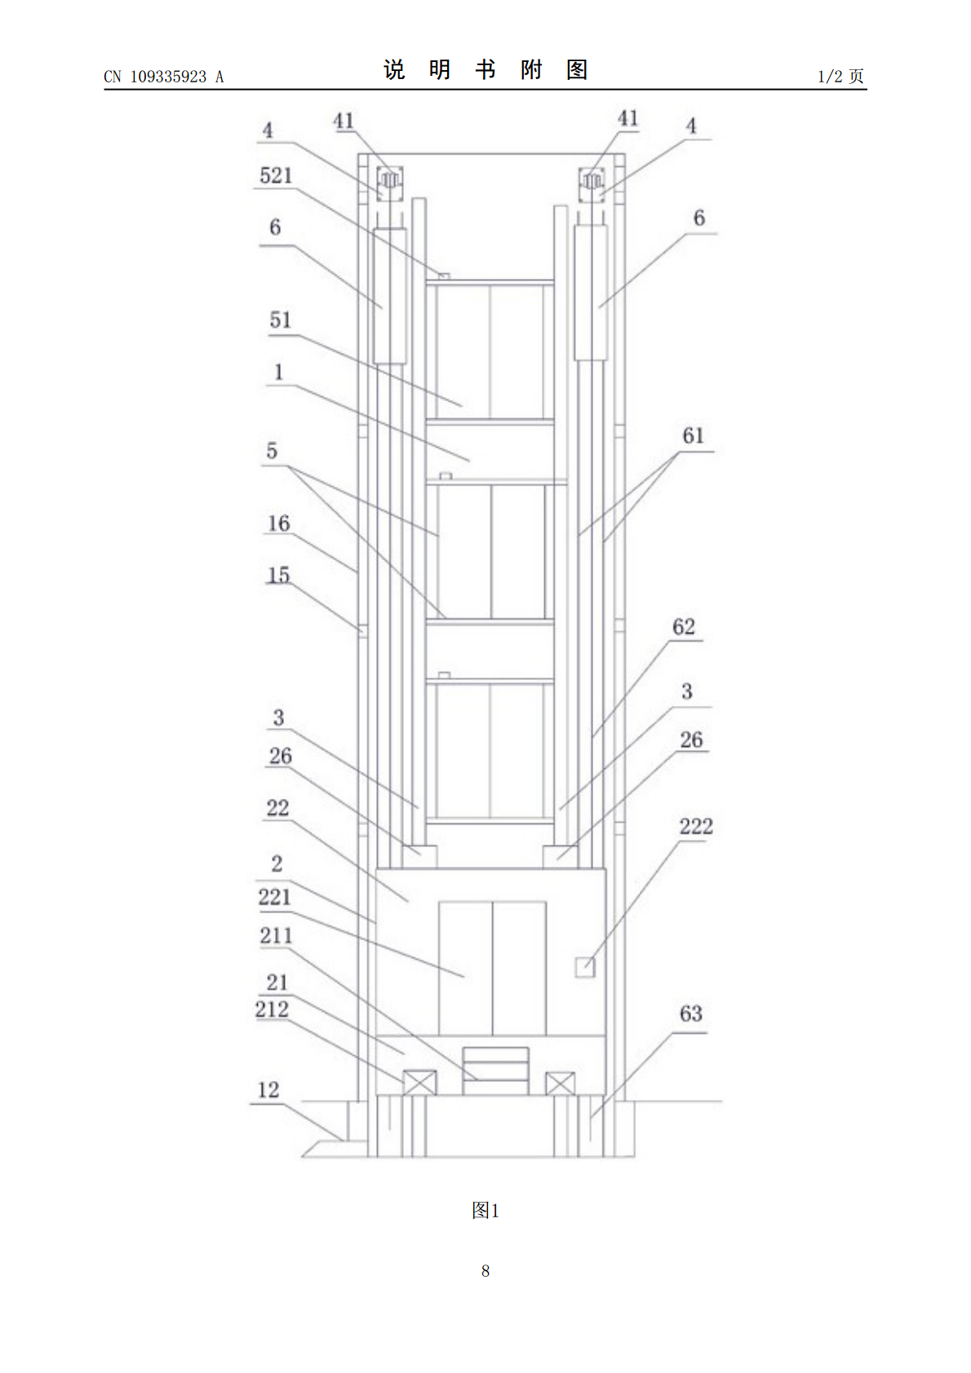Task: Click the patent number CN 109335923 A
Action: (x=164, y=77)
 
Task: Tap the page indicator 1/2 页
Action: (x=841, y=76)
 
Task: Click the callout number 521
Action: (x=276, y=176)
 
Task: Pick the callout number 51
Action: (x=281, y=320)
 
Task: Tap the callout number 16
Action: (x=278, y=523)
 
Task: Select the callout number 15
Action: (x=278, y=575)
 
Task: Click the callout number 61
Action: (x=693, y=436)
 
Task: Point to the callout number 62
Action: (x=683, y=626)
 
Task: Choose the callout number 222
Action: (x=695, y=826)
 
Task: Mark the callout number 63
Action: (x=690, y=1013)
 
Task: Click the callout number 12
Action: (x=268, y=1089)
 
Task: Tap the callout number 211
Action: (x=276, y=935)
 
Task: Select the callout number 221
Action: (x=274, y=898)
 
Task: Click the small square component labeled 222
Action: (x=584, y=967)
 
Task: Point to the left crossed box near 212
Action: (x=419, y=1083)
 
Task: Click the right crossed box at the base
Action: (x=560, y=1083)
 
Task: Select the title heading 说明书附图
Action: (x=485, y=70)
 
